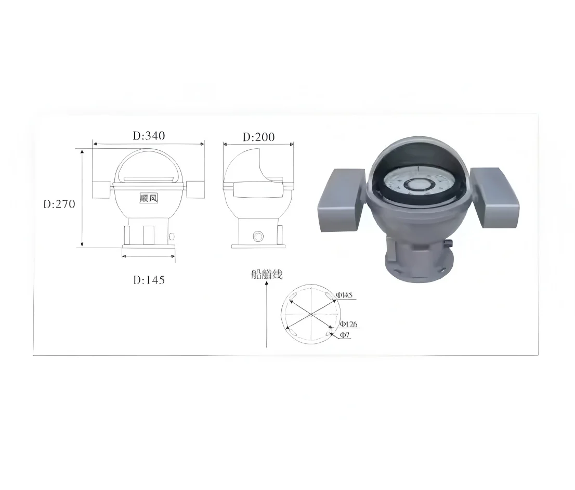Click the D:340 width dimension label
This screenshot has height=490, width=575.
point(149,136)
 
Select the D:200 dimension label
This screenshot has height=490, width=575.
point(259,137)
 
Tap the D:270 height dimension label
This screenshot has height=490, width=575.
point(59,204)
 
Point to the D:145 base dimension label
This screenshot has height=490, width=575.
point(149,280)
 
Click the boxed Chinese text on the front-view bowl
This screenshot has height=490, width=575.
point(149,198)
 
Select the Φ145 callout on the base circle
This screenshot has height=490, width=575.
point(344,295)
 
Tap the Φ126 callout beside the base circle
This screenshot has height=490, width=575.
point(348,324)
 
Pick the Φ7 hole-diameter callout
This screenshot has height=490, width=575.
point(345,336)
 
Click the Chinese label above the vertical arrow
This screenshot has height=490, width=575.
point(267,275)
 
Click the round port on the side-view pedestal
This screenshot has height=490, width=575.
point(257,237)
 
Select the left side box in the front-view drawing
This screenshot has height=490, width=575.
point(102,190)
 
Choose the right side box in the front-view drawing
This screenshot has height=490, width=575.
point(195,190)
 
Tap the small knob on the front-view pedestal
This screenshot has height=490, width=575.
point(172,237)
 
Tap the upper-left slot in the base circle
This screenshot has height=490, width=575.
point(293,296)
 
